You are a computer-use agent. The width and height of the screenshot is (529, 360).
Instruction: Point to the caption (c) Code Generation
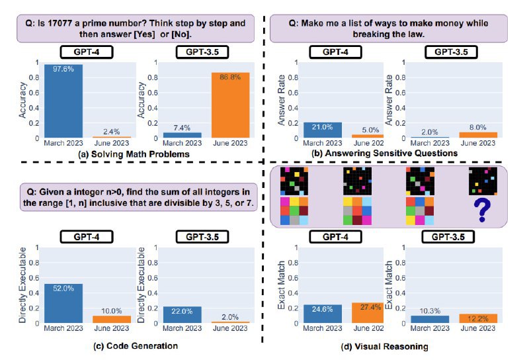[x=130, y=345]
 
